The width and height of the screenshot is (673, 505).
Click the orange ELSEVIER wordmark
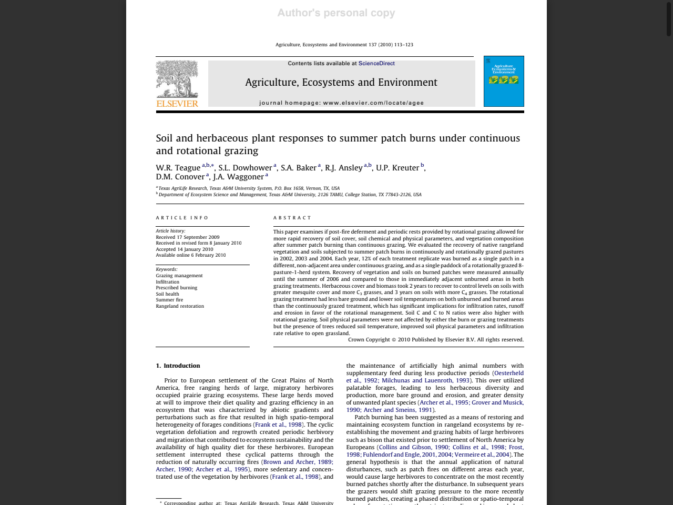(177, 104)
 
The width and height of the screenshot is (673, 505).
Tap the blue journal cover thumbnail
(504, 81)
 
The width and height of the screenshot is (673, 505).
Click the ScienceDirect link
(376, 64)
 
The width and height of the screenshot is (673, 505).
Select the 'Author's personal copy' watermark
(336, 13)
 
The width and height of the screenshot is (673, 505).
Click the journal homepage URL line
(341, 103)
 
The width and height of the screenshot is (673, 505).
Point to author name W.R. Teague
(178, 168)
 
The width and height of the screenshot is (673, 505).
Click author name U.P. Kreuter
(397, 168)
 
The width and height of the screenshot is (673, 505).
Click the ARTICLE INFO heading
(182, 218)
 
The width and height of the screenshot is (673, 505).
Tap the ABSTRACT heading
(292, 218)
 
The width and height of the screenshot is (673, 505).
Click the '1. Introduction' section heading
(178, 366)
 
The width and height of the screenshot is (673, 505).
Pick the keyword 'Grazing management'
(179, 276)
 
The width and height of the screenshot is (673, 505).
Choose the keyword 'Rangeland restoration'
(180, 306)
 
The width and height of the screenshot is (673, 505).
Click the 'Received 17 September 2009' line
(188, 237)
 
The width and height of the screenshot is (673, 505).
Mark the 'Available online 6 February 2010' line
(191, 255)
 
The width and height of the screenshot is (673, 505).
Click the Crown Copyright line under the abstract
(435, 340)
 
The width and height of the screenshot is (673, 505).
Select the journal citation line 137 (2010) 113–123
(344, 45)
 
